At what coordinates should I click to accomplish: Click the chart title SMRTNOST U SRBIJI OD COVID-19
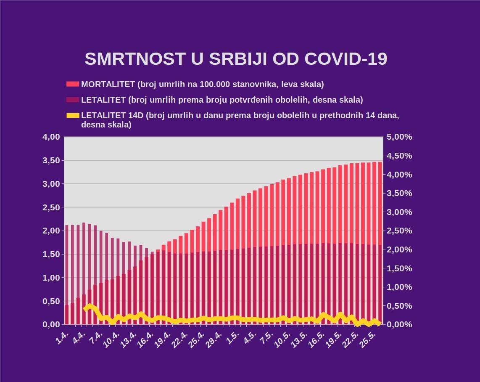pyautogui.click(x=236, y=59)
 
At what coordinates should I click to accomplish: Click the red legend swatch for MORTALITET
pyautogui.click(x=73, y=84)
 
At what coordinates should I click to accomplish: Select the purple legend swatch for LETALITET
pyautogui.click(x=73, y=100)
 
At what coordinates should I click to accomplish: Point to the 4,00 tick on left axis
pyautogui.click(x=51, y=137)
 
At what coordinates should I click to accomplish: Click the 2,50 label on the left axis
pyautogui.click(x=51, y=207)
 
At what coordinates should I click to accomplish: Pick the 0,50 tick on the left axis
pyautogui.click(x=51, y=301)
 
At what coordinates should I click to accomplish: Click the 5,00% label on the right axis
pyautogui.click(x=399, y=137)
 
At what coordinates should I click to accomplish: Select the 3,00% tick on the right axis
pyautogui.click(x=399, y=212)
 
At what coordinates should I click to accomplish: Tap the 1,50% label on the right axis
pyautogui.click(x=399, y=268)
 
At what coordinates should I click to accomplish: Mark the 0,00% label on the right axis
pyautogui.click(x=399, y=325)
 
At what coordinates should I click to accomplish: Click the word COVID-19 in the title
pyautogui.click(x=345, y=59)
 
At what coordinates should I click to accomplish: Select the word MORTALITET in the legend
pyautogui.click(x=108, y=84)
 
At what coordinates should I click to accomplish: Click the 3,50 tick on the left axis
pyautogui.click(x=51, y=161)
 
